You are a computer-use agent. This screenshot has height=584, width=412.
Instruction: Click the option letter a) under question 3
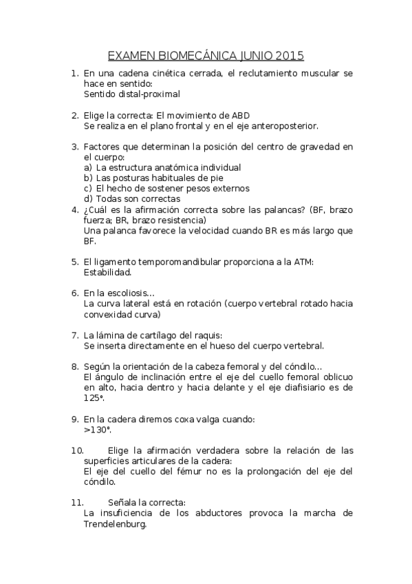coord(87,167)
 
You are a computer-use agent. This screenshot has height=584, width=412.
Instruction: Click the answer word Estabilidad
coord(107,272)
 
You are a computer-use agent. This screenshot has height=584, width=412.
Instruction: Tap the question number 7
coord(74,335)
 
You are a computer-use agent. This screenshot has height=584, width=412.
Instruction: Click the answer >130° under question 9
coord(98,429)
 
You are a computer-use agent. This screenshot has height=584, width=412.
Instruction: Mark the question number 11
coord(77,503)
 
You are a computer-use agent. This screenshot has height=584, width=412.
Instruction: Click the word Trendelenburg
coord(115,523)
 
